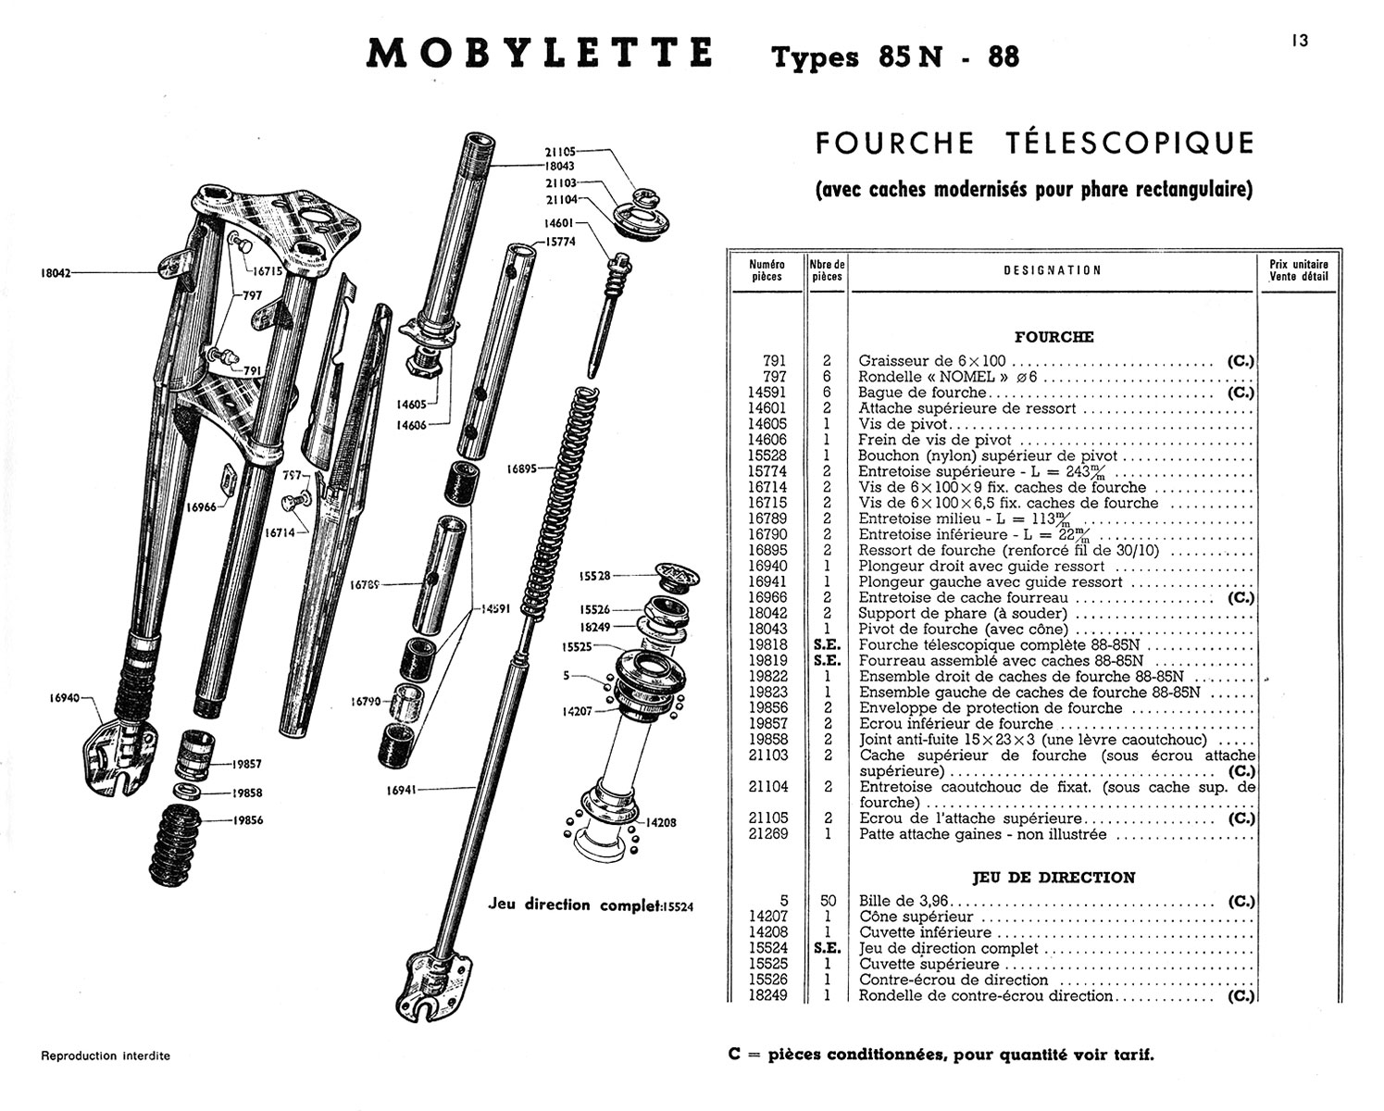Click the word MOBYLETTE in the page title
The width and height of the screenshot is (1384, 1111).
540,54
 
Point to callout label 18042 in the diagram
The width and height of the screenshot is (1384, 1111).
56,273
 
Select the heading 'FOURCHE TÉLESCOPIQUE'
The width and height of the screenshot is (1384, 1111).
1034,144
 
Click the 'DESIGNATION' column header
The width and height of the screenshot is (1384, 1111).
1053,270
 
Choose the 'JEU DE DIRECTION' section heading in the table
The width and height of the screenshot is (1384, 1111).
1053,877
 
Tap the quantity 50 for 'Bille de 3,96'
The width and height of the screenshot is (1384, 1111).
828,901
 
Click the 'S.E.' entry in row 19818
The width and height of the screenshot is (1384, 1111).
827,645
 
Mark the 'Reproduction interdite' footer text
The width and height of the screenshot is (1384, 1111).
106,1055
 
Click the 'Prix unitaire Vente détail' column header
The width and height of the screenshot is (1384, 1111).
1298,269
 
